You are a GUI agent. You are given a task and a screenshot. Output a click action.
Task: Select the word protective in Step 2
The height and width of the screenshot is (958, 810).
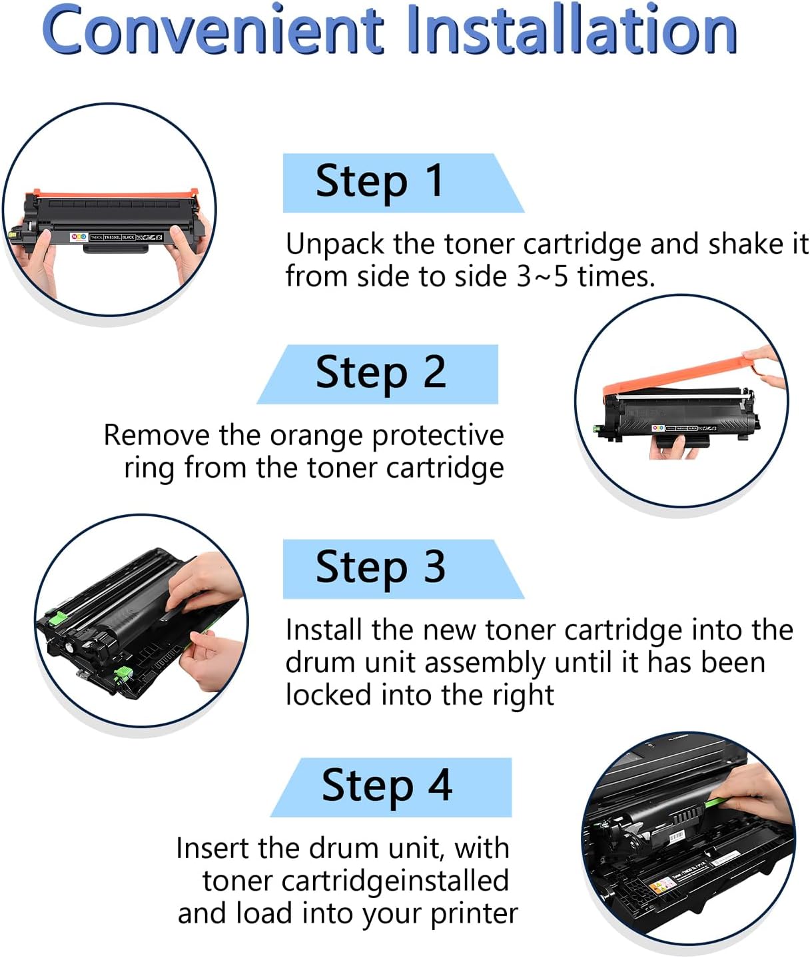438,436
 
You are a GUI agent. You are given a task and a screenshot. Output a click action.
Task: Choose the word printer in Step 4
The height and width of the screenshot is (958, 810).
474,913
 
